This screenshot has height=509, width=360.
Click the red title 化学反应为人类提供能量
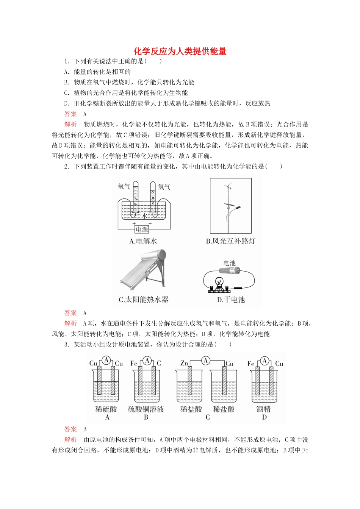tap(180, 52)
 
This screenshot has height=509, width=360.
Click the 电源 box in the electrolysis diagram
tap(142, 229)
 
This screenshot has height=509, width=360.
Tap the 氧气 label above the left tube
tap(124, 187)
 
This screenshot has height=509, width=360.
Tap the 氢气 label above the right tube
tap(164, 187)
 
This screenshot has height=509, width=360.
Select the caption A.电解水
tap(143, 241)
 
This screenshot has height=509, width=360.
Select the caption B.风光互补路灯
tap(230, 241)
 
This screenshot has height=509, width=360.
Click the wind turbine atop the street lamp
tap(228, 186)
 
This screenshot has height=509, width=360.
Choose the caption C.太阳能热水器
tap(143, 300)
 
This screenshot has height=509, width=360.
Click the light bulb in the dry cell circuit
tap(219, 282)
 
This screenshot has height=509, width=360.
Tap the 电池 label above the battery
tap(229, 263)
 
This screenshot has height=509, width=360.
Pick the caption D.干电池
tap(231, 300)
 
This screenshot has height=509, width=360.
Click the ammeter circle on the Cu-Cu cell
tap(106, 360)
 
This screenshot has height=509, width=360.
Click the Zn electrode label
tap(184, 363)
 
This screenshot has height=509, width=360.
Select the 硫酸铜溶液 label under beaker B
tap(146, 409)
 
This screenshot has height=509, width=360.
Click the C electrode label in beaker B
tap(159, 363)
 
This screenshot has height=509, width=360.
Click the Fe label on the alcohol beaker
tap(251, 364)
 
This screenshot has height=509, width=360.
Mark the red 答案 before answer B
tap(70, 429)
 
